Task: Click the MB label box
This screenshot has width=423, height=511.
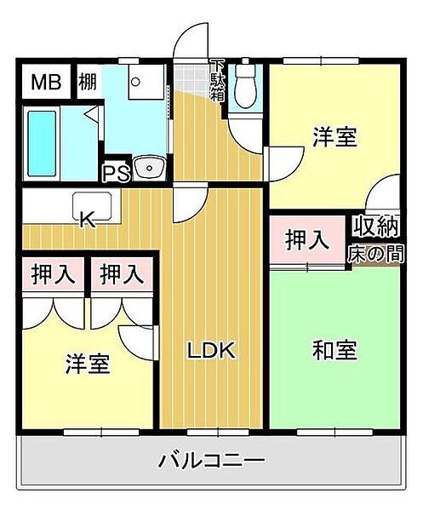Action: tap(41, 83)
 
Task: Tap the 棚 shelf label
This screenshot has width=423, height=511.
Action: tap(87, 83)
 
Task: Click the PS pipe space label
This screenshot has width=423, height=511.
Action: tap(115, 173)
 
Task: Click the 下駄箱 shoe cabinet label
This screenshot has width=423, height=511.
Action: tap(217, 81)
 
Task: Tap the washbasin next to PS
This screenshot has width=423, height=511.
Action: tap(151, 167)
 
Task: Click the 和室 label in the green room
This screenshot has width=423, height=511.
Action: tap(334, 350)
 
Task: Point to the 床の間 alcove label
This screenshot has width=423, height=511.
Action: tap(374, 253)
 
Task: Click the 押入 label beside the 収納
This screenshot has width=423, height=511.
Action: tap(306, 241)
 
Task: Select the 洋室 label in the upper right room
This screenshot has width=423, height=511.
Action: tap(334, 136)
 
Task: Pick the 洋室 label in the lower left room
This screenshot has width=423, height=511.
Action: tap(88, 364)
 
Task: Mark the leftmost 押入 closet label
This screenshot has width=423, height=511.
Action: tap(53, 274)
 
